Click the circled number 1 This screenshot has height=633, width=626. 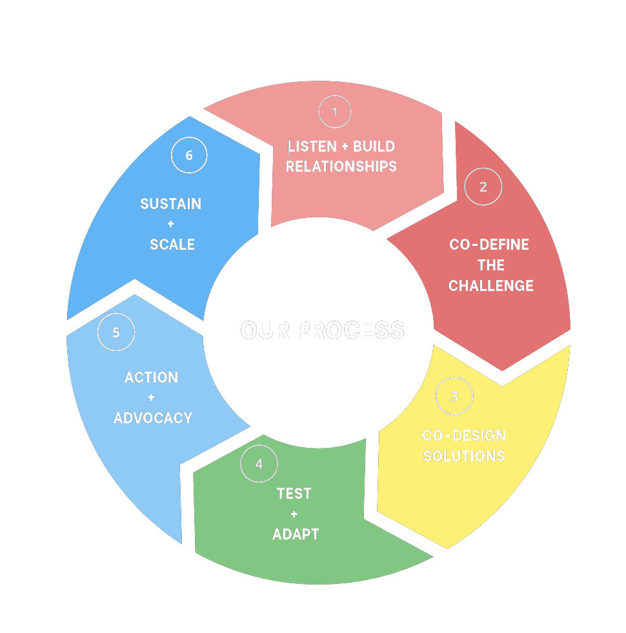334,112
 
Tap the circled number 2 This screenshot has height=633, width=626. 483,187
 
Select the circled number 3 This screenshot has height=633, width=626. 454,396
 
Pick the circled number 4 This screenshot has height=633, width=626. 259,464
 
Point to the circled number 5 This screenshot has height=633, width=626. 116,332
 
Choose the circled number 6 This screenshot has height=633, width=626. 189,156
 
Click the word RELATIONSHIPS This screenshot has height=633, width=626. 341,166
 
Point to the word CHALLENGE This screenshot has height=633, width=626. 491,286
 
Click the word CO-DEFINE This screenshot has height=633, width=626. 489,245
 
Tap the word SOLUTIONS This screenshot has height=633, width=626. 464,456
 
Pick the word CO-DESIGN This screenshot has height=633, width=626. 464,436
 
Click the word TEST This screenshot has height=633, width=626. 294,494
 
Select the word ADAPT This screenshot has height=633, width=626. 296,534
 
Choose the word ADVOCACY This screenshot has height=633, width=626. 153,418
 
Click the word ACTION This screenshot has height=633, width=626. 151,377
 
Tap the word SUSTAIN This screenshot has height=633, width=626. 170,204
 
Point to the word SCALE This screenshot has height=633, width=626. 172,245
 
